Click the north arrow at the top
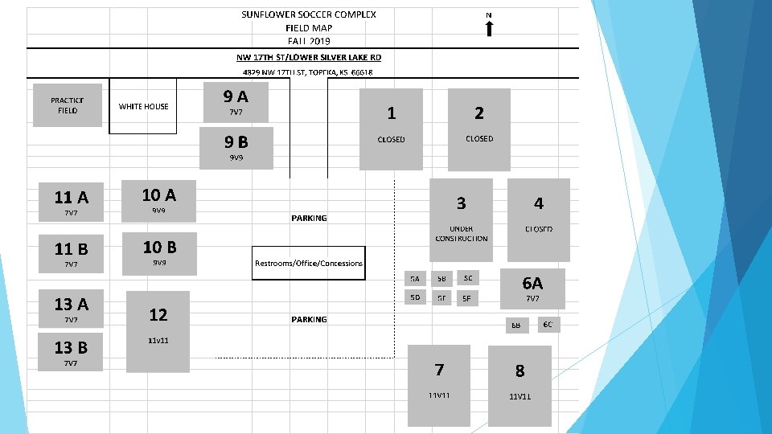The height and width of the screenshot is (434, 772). pos(489,28)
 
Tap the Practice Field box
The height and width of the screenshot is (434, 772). pos(68,105)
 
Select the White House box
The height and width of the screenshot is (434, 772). pos(143,107)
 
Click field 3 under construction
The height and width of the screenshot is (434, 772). pos(461,218)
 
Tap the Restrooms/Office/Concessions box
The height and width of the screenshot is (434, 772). pos(309,263)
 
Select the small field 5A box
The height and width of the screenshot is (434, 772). pos(415,279)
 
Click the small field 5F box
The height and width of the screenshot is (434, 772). pos(465,297)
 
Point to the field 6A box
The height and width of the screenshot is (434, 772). pos(532,289)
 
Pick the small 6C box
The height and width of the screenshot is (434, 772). pos(548,324)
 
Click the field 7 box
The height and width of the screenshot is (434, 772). pos(439,385)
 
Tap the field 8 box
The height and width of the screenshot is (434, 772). pos(519,385)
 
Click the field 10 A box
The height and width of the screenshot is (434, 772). pos(158,200)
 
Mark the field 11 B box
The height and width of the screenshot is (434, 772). pos(71,253)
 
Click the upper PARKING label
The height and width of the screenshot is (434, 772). pos(310,218)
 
